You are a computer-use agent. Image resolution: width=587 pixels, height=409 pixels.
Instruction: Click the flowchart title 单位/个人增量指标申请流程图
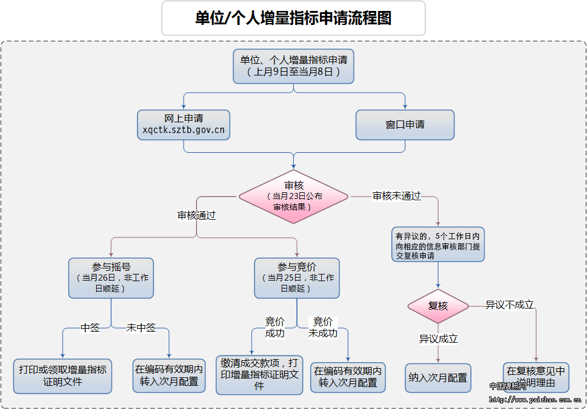pos(293,18)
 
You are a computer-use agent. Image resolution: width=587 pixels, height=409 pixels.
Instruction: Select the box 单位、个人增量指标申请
pos(294,66)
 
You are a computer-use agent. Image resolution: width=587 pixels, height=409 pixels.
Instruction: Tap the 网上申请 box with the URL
pos(183,124)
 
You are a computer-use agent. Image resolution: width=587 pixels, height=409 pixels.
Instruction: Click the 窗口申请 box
pos(405,125)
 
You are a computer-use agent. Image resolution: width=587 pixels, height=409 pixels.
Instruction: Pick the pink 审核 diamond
pos(293,196)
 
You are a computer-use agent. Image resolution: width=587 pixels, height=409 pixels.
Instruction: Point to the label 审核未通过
pos(397,196)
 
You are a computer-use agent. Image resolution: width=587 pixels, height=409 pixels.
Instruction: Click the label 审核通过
pos(196,215)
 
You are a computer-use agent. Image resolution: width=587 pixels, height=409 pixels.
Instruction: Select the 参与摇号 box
pos(111,278)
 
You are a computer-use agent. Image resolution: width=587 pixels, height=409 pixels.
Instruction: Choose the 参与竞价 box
pos(297,278)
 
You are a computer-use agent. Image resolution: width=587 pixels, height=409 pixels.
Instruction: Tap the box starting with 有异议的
pos(438,245)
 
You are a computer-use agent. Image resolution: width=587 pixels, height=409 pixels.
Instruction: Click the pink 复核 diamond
pos(438,306)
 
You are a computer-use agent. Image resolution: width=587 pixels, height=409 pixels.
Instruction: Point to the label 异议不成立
pos(509,305)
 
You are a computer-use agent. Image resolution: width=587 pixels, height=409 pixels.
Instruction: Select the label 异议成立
pos(438,339)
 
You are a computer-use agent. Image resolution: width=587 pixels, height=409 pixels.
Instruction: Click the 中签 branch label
pos(90,328)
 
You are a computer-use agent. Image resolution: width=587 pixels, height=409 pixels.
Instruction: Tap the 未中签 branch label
pos(141,328)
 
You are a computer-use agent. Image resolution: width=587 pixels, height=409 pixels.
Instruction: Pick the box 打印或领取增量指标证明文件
pos(63,376)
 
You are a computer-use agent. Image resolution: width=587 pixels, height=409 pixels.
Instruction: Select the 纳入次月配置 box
pos(438,377)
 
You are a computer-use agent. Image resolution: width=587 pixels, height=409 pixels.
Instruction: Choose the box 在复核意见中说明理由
pos(536,377)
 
